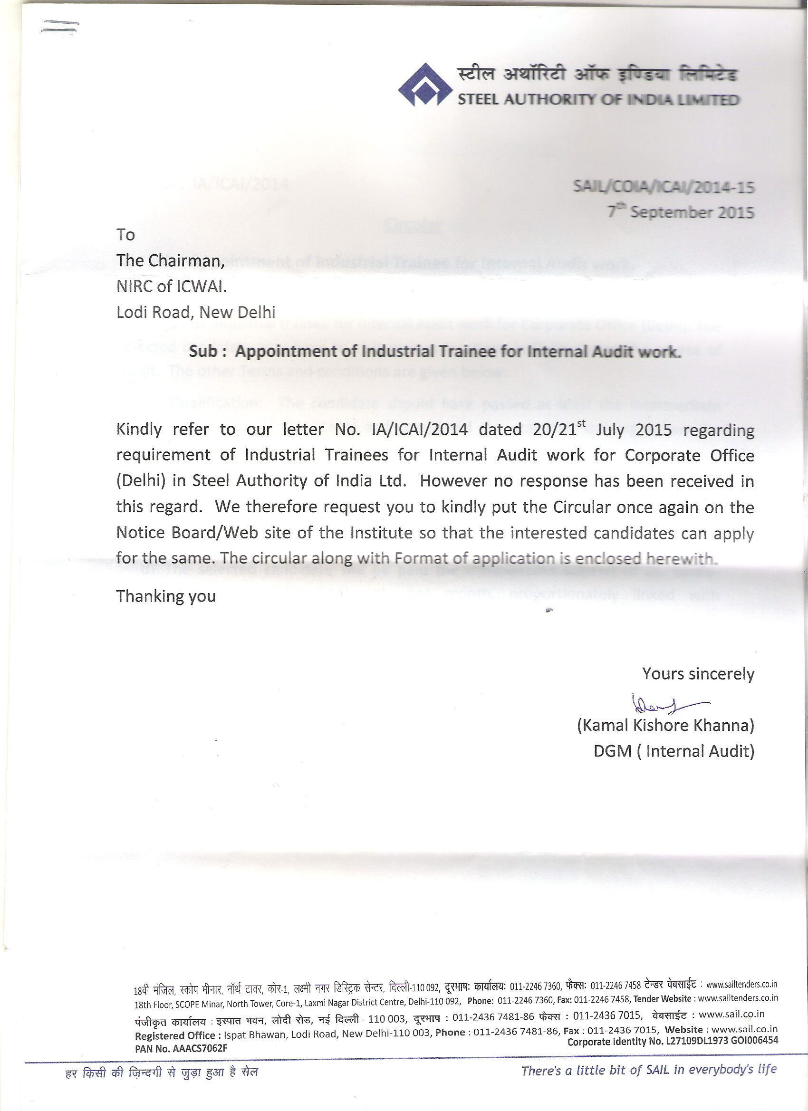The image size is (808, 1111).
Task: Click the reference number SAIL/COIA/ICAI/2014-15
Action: (664, 187)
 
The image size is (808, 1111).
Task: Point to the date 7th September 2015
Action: (681, 212)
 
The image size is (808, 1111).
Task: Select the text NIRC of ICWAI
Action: (172, 286)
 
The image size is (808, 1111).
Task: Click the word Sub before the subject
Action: (203, 351)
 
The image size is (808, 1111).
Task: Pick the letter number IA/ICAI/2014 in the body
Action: (420, 430)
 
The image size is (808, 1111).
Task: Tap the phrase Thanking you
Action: (165, 596)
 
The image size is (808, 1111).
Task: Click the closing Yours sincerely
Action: (698, 674)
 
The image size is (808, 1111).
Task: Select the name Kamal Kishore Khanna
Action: (665, 726)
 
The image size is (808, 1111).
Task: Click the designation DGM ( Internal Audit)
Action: (674, 751)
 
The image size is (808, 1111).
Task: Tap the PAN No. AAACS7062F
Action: (181, 1048)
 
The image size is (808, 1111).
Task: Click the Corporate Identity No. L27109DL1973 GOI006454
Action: (672, 1041)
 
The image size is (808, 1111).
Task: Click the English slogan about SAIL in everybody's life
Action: (649, 1070)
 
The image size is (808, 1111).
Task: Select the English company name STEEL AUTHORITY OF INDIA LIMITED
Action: (598, 100)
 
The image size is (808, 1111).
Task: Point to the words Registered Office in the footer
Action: (174, 1035)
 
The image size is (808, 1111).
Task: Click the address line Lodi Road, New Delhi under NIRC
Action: (195, 312)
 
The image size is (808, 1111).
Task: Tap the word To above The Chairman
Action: (125, 235)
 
